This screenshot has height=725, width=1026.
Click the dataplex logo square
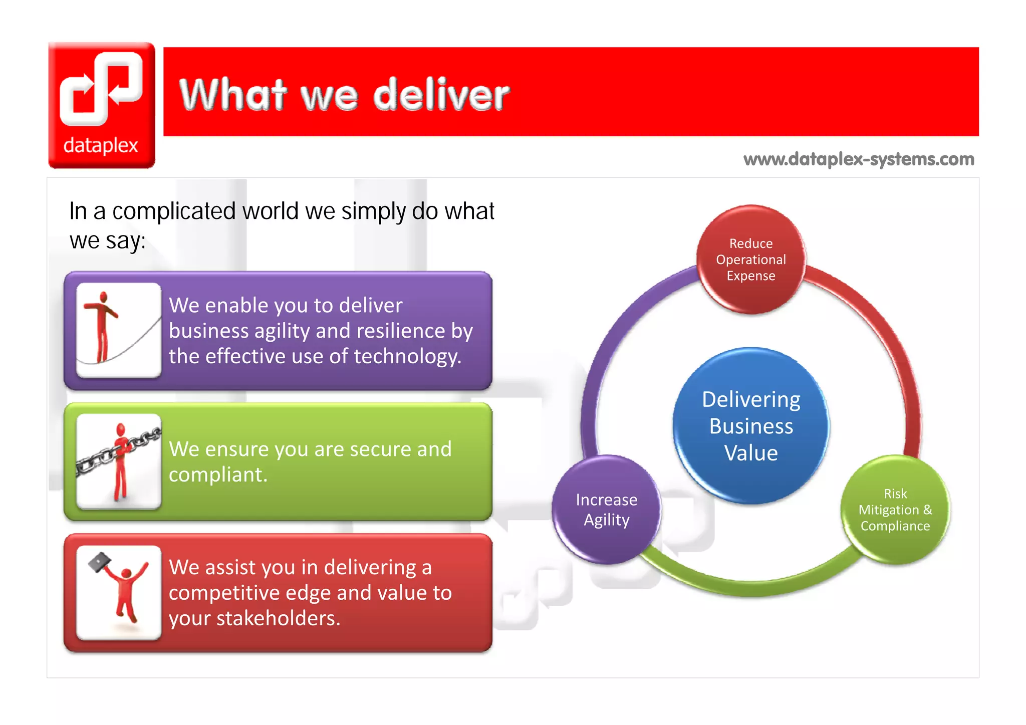click(102, 105)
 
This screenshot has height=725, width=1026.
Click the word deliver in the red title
click(441, 95)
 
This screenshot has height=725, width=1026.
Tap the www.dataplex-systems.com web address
click(859, 159)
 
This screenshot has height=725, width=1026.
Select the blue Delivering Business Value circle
click(751, 426)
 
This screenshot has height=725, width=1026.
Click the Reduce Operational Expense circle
click(751, 260)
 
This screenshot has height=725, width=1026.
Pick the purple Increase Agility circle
click(606, 510)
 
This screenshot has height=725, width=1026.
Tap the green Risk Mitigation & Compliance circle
click(895, 510)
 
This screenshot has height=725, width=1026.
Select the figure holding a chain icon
click(119, 461)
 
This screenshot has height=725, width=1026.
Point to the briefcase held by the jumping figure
click(100, 562)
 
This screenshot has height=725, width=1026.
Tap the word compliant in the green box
click(217, 474)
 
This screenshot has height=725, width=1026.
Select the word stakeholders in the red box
click(278, 618)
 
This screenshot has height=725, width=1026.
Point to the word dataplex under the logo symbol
click(101, 145)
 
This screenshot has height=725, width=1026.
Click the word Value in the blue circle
click(751, 453)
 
